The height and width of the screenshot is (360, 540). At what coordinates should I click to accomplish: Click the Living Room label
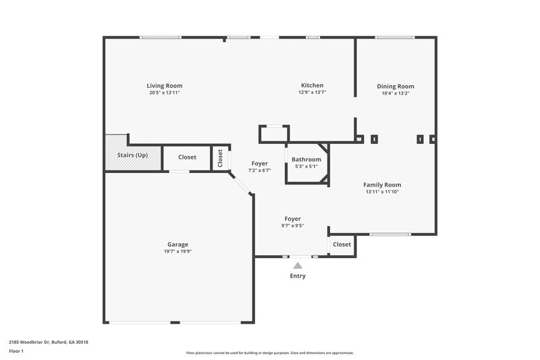click(165, 86)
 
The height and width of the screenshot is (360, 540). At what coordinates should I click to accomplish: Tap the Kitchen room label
click(312, 86)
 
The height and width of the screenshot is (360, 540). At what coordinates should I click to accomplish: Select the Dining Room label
click(396, 86)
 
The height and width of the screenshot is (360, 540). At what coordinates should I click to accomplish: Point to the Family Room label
click(382, 185)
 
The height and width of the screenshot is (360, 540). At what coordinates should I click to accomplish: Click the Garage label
click(178, 245)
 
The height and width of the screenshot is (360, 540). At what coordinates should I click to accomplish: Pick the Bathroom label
click(306, 159)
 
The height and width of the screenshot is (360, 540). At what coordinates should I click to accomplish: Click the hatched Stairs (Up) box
click(132, 155)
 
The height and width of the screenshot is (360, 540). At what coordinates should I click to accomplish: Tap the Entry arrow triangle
click(298, 265)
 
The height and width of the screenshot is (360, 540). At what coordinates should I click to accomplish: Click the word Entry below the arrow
click(298, 276)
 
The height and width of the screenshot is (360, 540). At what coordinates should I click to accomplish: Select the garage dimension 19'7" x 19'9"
click(178, 251)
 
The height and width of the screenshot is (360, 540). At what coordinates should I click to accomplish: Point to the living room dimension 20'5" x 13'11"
click(165, 93)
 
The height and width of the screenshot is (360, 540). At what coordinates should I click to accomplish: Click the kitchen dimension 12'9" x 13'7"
click(312, 93)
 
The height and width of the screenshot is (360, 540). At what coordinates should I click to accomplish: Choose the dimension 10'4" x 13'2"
click(396, 93)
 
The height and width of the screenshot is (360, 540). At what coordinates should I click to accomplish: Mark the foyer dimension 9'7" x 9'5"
click(292, 226)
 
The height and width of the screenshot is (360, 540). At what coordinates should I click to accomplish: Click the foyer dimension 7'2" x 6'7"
click(259, 170)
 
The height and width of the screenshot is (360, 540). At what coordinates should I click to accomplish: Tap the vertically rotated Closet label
click(220, 157)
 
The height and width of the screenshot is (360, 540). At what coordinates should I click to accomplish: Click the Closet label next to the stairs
click(187, 157)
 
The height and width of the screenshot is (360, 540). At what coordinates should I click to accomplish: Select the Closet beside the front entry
click(342, 245)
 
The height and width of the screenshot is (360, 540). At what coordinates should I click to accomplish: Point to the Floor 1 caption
click(17, 352)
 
